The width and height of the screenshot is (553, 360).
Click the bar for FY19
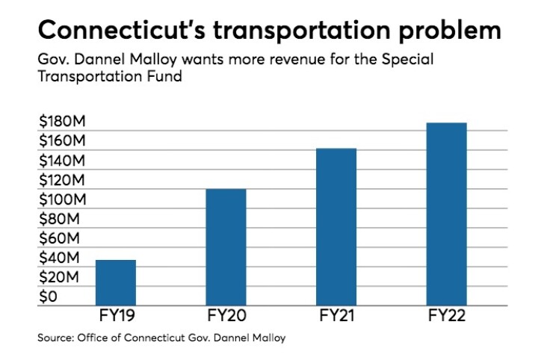pos(115,281)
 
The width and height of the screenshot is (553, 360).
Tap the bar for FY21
pos(336,225)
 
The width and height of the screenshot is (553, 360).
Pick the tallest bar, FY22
pos(446,212)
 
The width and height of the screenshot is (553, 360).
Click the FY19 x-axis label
pos(115,316)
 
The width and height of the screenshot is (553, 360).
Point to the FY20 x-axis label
pos(226,316)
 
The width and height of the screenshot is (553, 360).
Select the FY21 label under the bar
pos(336,316)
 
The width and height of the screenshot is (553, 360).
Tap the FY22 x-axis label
pos(446,316)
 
